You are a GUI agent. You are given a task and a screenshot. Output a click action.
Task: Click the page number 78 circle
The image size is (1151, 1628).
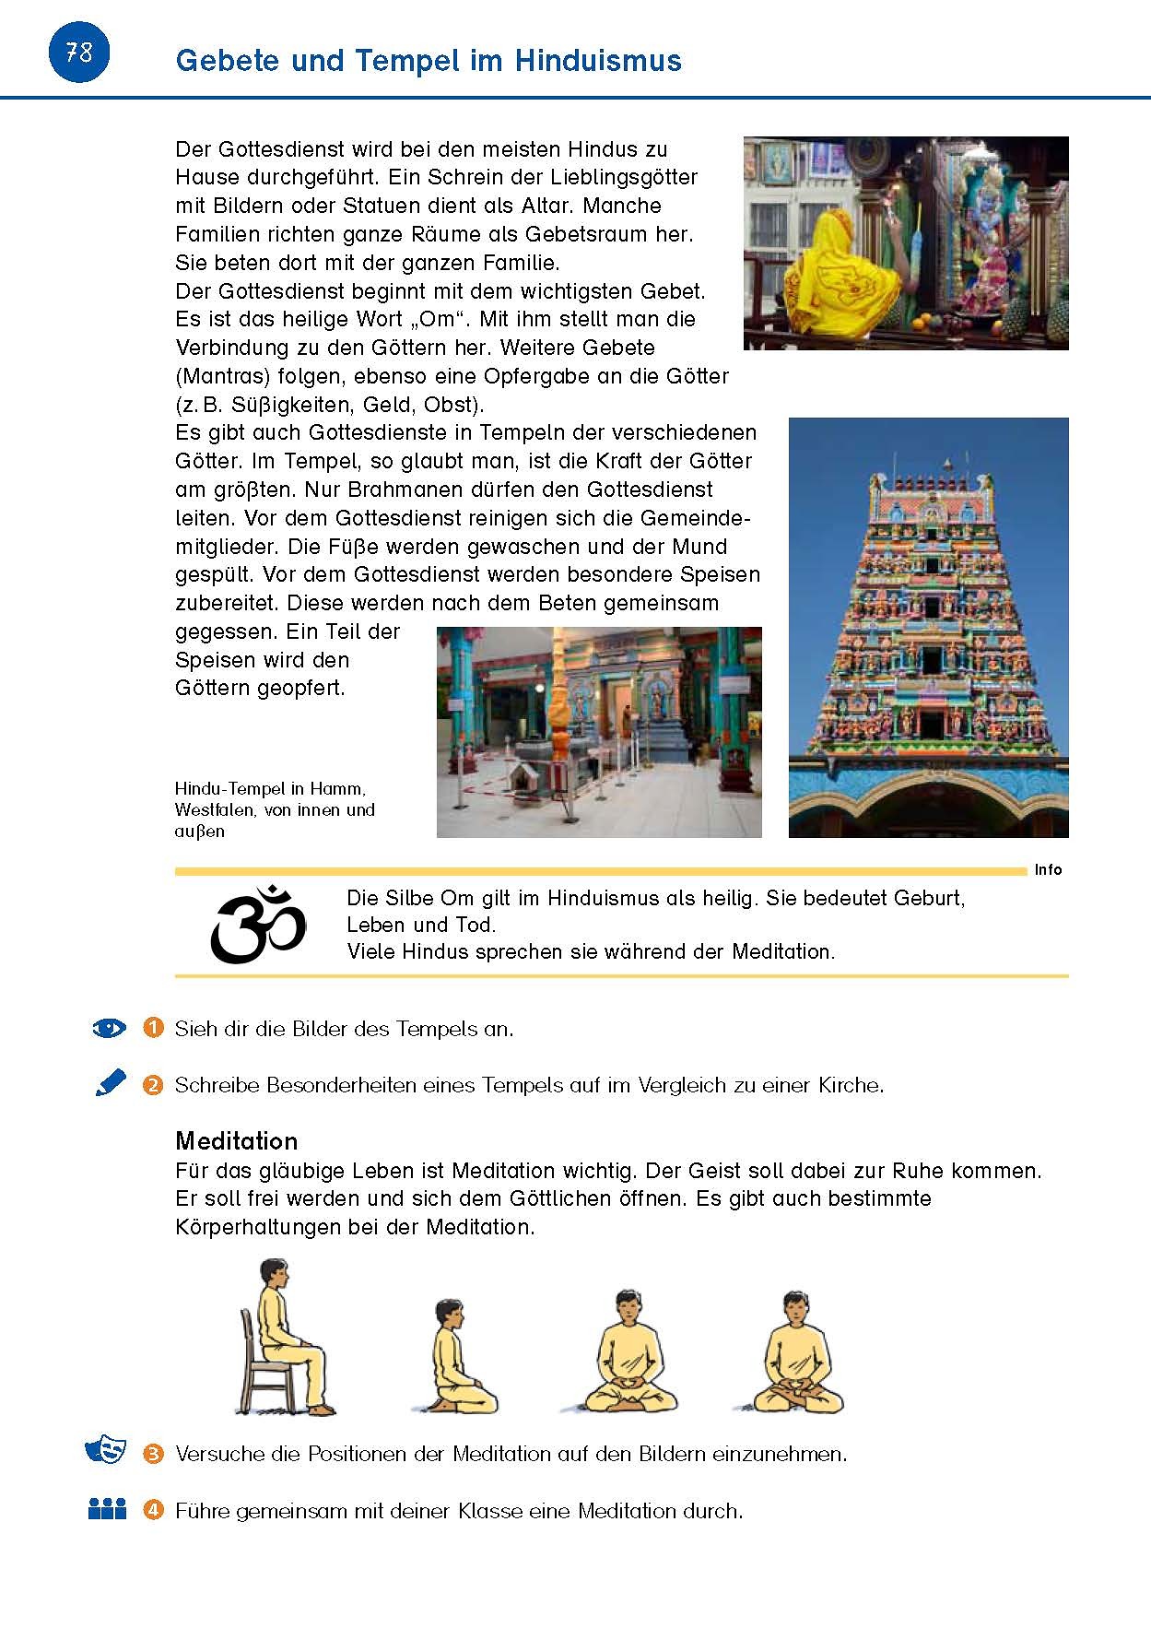78,53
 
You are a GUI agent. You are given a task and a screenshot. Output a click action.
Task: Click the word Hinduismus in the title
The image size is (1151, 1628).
598,61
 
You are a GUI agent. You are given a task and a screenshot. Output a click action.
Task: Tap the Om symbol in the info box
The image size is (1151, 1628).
259,925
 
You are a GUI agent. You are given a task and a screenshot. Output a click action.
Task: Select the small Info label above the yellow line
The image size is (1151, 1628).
1048,869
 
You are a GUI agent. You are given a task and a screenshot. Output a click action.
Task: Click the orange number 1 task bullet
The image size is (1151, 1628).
153,1028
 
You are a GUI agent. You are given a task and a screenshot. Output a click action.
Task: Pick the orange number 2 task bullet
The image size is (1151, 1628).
153,1085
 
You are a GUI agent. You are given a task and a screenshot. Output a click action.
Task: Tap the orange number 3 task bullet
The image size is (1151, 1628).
153,1454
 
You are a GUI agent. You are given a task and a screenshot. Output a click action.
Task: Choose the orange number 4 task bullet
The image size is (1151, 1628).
153,1511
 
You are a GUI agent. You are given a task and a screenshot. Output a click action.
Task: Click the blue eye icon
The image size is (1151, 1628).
110,1028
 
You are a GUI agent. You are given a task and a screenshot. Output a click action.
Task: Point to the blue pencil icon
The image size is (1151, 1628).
111,1082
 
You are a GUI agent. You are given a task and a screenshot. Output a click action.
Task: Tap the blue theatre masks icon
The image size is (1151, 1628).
105,1449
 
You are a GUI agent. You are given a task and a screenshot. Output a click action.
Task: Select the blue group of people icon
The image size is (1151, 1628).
107,1509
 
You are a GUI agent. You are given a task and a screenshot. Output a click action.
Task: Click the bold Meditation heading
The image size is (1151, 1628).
237,1141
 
